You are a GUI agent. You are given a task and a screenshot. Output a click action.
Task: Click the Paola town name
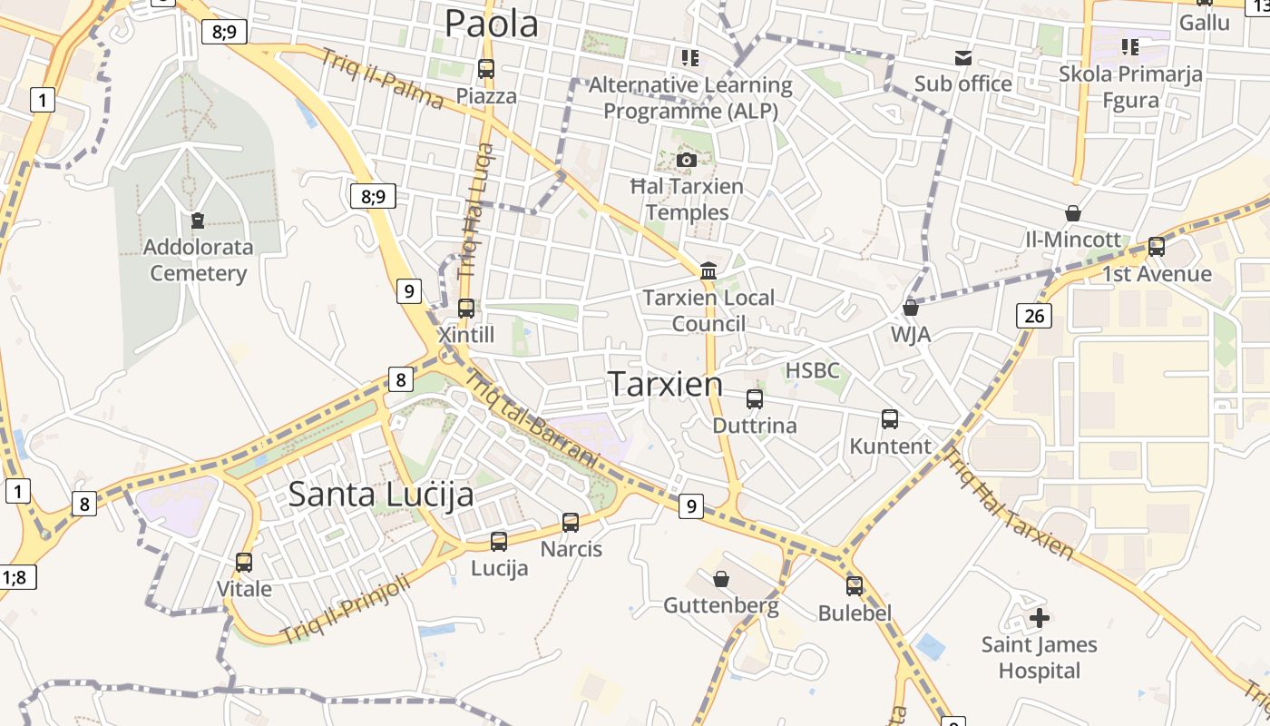[x=492, y=24]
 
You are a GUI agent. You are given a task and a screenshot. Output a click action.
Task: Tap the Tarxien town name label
[x=666, y=384]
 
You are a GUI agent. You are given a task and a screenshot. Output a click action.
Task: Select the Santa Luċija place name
[x=381, y=495]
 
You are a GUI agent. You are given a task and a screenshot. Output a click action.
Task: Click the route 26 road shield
[x=1034, y=316]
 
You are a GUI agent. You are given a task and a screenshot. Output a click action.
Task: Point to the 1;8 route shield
[x=17, y=576]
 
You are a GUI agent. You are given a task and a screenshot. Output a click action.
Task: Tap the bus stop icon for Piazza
[x=486, y=68]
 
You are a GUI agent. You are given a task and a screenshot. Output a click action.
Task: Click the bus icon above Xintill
[x=466, y=308]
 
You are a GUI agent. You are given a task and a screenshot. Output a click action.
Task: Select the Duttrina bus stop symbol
[x=754, y=398]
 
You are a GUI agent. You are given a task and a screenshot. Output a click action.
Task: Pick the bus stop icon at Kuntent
[x=890, y=419]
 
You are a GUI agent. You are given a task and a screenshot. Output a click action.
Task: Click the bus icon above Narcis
[x=571, y=522]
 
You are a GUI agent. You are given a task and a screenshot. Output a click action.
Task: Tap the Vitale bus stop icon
[x=244, y=562]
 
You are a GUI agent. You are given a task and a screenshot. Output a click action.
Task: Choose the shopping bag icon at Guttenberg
[x=721, y=578]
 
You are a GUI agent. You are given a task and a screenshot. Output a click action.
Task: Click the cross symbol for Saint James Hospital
[x=1040, y=618]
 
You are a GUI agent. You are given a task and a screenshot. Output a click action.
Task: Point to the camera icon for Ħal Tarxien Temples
[x=687, y=160]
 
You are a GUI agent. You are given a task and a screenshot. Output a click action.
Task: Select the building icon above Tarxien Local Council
[x=708, y=270]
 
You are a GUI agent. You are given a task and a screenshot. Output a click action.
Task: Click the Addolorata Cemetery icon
[x=198, y=220]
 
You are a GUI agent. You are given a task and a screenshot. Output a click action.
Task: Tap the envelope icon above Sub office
[x=962, y=58]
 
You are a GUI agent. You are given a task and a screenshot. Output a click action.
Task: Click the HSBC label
[x=812, y=370]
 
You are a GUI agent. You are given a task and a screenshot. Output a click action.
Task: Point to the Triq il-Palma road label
[x=381, y=78]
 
